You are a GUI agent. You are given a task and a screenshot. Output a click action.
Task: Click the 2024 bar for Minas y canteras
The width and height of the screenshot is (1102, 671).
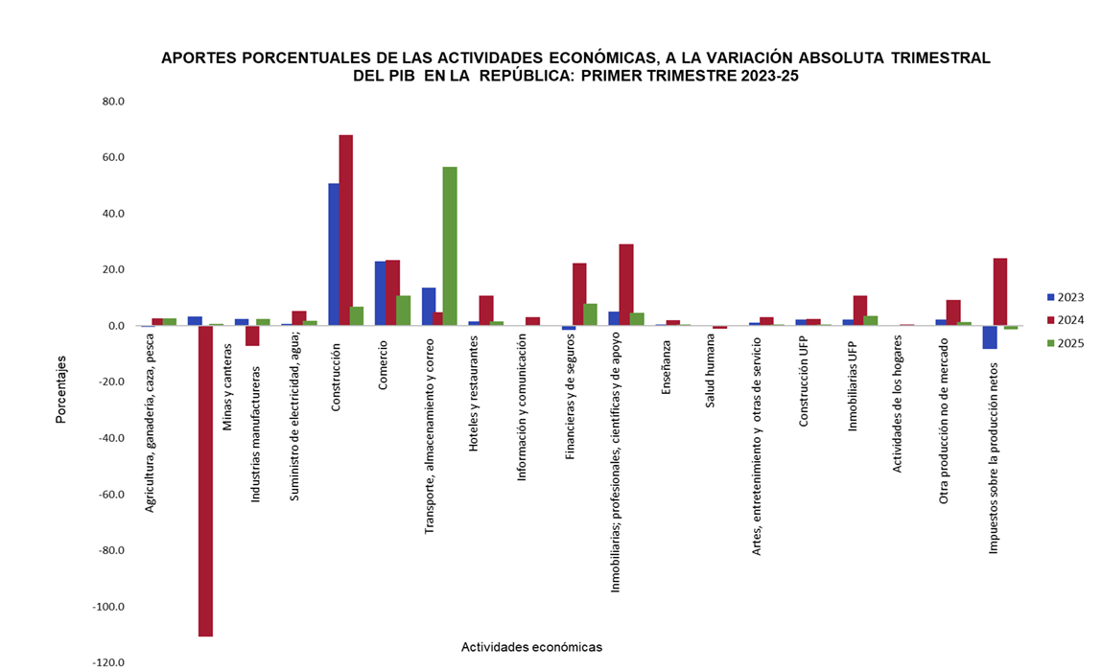pos(205,480)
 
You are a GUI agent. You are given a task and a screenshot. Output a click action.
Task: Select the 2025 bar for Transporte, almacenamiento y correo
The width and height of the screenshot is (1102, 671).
pos(450,246)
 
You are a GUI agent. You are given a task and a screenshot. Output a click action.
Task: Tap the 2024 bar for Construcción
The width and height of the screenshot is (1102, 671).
pos(345,230)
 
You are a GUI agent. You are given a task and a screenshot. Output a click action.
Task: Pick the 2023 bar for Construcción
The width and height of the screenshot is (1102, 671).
pos(334,254)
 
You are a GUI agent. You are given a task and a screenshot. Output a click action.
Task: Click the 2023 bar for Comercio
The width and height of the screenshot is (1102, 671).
pos(381,293)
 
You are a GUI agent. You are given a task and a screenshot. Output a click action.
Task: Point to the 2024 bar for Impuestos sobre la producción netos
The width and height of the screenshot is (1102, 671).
pos(1000,291)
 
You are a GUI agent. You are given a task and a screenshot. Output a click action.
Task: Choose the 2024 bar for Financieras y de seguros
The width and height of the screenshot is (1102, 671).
pos(579,294)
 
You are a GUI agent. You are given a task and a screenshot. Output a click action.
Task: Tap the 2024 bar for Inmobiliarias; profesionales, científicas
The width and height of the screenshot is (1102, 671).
pos(626,285)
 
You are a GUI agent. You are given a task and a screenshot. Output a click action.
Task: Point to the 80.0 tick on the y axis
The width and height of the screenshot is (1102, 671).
pos(112,101)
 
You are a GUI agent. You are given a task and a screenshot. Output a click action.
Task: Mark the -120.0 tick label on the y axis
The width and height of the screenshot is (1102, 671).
pos(108,662)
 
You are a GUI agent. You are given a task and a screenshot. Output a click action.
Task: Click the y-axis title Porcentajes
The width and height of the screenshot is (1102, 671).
pos(60,389)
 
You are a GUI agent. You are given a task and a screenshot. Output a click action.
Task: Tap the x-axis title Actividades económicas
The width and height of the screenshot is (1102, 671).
pos(531,647)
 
